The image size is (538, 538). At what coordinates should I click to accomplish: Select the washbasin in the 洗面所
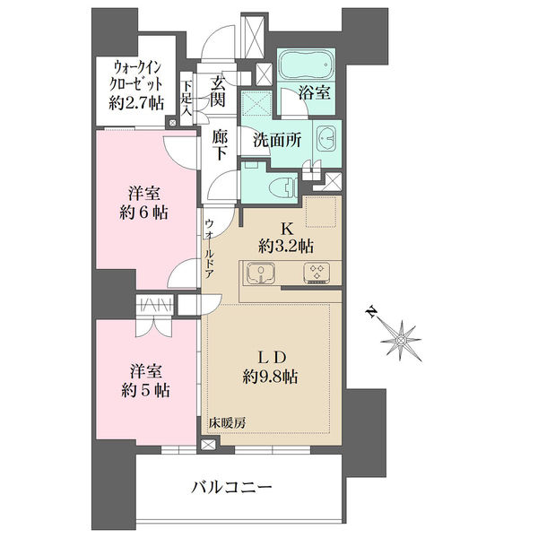(326, 138)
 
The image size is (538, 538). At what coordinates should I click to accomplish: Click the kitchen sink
(260, 273)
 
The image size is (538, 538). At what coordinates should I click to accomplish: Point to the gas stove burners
(317, 273)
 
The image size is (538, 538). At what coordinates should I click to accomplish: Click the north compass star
(401, 341)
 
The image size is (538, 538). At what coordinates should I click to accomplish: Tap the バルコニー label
(231, 487)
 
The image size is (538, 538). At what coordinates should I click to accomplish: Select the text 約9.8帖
(270, 377)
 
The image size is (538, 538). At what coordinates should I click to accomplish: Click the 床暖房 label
(227, 423)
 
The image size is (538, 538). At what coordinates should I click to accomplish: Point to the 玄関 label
(218, 91)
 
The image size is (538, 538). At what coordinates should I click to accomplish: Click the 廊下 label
(220, 146)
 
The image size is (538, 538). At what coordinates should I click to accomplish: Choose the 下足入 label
(187, 98)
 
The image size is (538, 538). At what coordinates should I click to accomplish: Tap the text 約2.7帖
(136, 102)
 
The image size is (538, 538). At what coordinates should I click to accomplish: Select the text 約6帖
(143, 213)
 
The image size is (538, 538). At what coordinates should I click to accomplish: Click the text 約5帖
(145, 390)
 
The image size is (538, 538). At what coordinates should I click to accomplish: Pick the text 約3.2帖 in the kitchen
(286, 246)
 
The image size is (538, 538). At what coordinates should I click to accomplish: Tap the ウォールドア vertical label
(210, 248)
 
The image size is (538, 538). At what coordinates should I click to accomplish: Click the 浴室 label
(314, 92)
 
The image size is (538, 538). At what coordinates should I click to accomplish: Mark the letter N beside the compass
(370, 312)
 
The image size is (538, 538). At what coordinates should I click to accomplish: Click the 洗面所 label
(277, 140)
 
